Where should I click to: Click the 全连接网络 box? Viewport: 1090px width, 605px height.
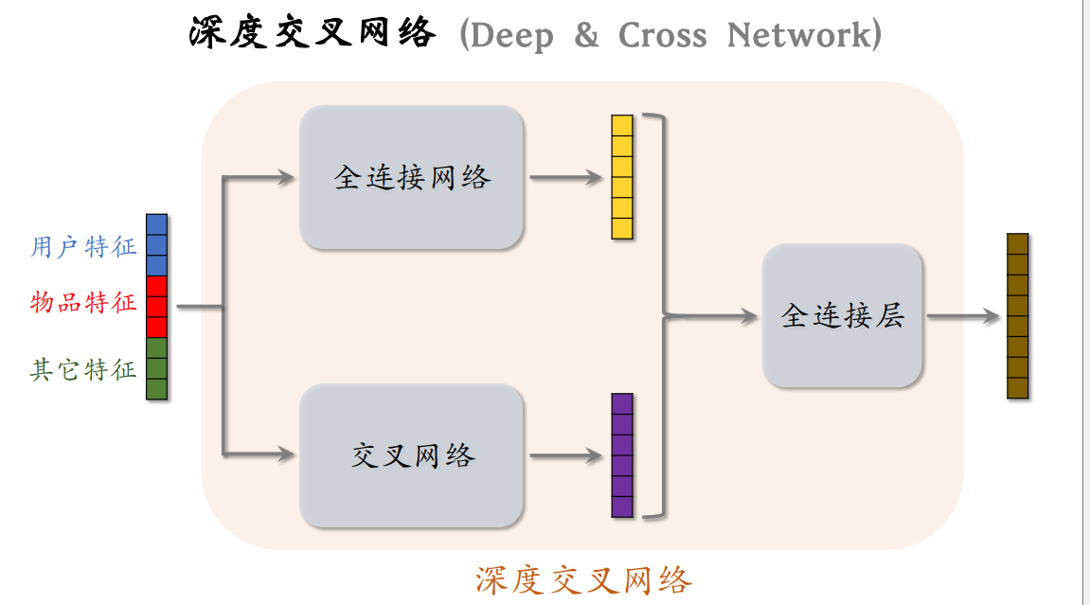(x=411, y=178)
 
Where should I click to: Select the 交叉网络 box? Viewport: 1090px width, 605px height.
(x=411, y=456)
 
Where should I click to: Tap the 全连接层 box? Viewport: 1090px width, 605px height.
(x=842, y=316)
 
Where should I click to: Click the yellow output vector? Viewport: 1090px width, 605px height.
(x=621, y=177)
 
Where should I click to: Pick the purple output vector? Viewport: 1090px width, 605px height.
(x=621, y=455)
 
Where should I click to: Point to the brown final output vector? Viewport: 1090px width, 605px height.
(x=1017, y=316)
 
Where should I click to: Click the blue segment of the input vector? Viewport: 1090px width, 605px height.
(x=156, y=244)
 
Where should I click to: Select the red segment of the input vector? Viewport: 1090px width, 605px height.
(x=156, y=306)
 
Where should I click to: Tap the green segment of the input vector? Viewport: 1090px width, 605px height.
(x=156, y=368)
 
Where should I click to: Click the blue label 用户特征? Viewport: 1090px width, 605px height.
(x=83, y=247)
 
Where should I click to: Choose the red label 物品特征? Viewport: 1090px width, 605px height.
(x=83, y=304)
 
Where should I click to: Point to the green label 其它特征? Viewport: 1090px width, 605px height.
(x=83, y=369)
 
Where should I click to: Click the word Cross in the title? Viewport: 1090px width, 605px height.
(x=662, y=36)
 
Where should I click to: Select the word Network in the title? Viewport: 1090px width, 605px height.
(x=797, y=36)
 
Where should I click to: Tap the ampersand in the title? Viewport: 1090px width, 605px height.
(x=586, y=36)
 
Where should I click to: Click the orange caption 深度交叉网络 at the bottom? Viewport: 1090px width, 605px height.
(x=583, y=579)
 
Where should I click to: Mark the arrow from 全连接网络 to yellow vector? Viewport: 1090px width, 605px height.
(x=566, y=178)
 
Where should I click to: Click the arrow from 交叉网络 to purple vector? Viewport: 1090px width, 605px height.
(x=566, y=456)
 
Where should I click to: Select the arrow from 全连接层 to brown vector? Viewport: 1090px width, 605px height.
(x=962, y=317)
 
